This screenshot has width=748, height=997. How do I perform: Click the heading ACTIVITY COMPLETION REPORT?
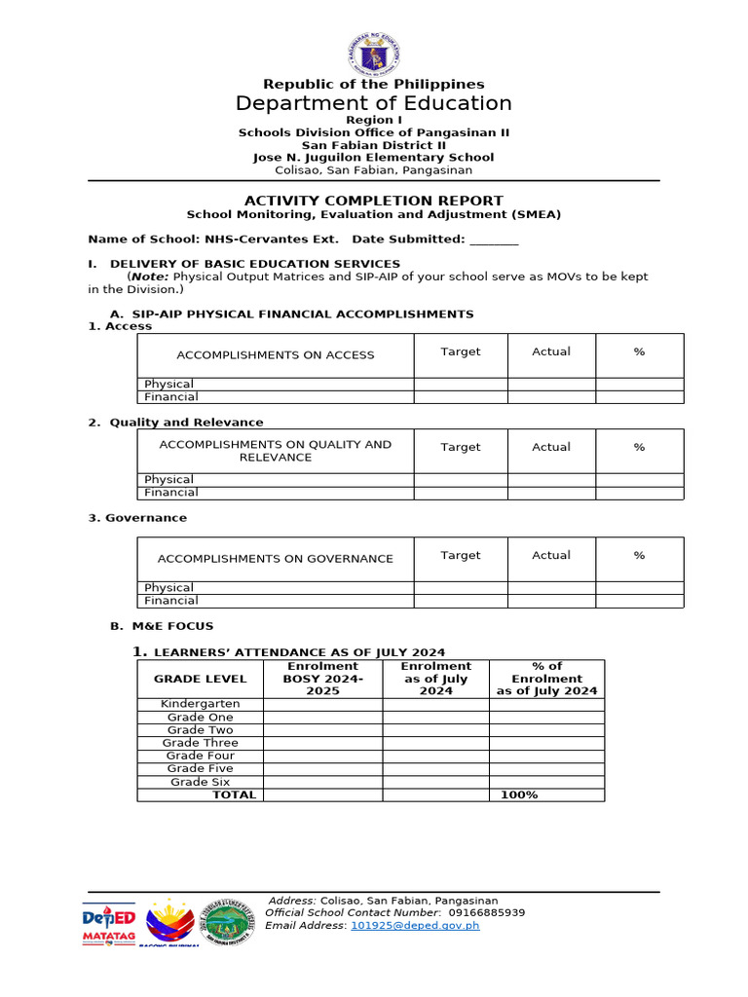[x=373, y=201]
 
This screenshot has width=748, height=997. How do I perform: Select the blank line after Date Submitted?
[x=494, y=240]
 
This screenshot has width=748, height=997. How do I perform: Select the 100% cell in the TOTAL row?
[x=518, y=795]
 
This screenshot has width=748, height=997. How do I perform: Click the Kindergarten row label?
[x=200, y=704]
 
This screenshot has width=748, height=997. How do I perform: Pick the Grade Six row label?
[x=200, y=782]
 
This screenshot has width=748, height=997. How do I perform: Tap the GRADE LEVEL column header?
[x=200, y=679]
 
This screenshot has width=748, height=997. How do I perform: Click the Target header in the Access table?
[x=460, y=351]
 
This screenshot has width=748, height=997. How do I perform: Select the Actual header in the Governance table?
[x=551, y=555]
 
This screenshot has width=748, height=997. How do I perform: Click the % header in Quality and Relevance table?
[x=639, y=447]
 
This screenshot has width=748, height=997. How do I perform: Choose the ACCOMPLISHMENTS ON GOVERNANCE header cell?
[x=276, y=559]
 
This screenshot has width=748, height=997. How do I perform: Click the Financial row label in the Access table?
[x=171, y=397]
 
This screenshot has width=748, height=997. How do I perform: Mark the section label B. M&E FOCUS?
[x=162, y=626]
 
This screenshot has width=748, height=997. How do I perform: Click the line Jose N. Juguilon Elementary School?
[x=373, y=157]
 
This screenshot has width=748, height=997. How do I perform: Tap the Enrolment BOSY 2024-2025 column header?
[x=321, y=679]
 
